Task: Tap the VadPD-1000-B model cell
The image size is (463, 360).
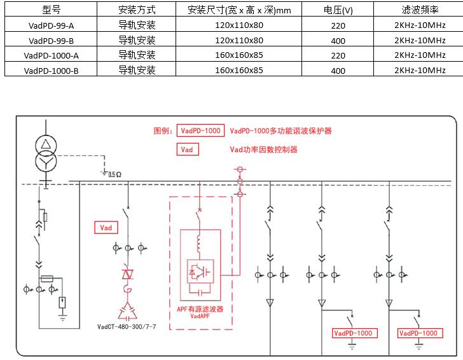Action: [51, 71]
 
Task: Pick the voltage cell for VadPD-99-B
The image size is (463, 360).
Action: [338, 41]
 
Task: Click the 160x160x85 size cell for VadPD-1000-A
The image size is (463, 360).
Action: [238, 56]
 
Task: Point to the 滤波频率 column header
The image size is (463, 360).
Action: [420, 10]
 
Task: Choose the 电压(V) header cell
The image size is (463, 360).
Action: [338, 10]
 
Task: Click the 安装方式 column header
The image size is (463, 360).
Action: [137, 10]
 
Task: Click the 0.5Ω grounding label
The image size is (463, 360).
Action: [114, 174]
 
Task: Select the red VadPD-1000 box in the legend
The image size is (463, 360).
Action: [200, 131]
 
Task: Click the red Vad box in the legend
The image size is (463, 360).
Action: [187, 150]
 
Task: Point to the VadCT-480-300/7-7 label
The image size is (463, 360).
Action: [127, 327]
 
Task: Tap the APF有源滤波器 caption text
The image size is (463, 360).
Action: [200, 308]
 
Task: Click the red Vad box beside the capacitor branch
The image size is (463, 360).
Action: [106, 227]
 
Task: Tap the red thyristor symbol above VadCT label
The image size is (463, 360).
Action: [128, 273]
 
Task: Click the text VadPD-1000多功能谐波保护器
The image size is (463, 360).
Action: [280, 131]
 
